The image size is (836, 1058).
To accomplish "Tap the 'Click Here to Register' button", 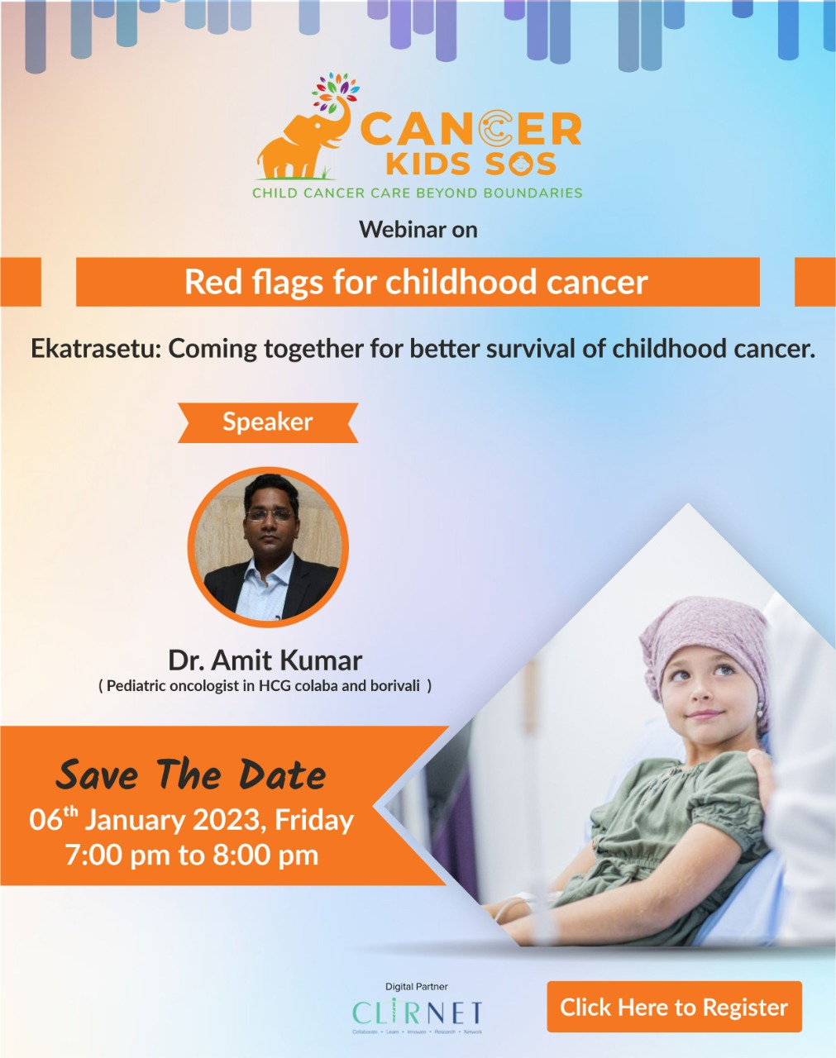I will tap(674, 1007).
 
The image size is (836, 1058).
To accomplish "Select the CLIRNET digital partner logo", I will tap(417, 1013).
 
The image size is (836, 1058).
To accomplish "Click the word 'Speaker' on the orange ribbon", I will tap(267, 422).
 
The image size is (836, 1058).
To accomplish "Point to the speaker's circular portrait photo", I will tap(268, 546).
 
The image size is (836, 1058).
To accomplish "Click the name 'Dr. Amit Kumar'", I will tap(265, 660).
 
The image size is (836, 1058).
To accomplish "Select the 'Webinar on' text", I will tap(418, 230).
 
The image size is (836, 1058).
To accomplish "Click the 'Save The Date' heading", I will tap(190, 775).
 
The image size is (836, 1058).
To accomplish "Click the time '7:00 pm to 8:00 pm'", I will tap(191, 855).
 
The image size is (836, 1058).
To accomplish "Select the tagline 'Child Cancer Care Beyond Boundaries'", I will tap(417, 193).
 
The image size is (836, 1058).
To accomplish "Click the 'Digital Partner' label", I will tap(416, 986).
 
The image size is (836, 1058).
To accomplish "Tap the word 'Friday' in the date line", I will tap(313, 820).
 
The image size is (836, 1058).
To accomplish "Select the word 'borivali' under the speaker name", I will tap(394, 685).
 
